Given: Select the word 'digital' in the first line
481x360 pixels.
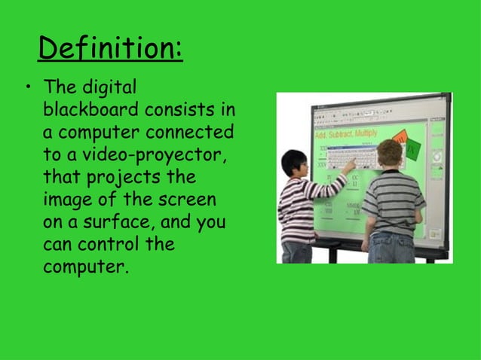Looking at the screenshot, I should click(111, 89).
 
